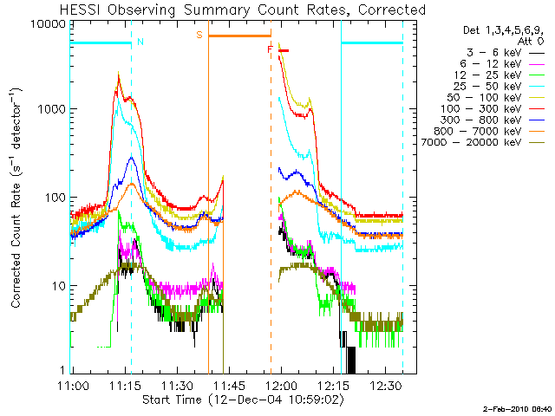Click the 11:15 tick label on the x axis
125,386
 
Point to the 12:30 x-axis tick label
387,386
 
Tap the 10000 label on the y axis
49,24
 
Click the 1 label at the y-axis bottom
62,370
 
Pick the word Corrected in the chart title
392,10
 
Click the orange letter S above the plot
199,35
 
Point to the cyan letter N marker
140,42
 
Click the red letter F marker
270,49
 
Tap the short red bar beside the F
284,50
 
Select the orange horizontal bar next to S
239,36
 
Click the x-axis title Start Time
172,400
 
